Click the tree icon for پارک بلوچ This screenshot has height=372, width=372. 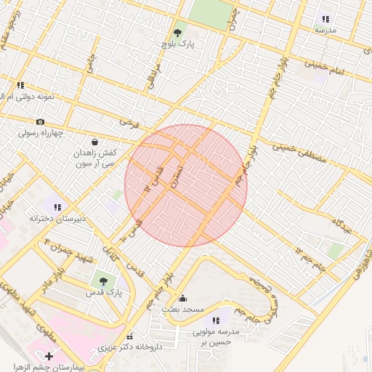(x=177, y=33)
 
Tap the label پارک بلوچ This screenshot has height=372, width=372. (x=177, y=45)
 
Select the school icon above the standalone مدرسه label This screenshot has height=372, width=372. (x=325, y=19)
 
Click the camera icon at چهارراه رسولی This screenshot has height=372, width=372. (x=40, y=121)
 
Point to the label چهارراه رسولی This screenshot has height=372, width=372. (x=41, y=133)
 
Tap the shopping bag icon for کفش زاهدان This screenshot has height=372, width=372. (x=94, y=142)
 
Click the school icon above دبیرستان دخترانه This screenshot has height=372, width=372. (x=57, y=206)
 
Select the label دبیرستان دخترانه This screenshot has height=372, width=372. (x=57, y=218)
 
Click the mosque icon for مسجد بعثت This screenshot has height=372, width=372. (x=182, y=298)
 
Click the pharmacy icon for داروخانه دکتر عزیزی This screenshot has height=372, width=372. (x=130, y=336)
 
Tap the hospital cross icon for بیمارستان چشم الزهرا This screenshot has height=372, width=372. (x=49, y=356)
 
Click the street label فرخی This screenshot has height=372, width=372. (x=129, y=123)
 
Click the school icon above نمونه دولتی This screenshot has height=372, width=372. (x=20, y=86)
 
